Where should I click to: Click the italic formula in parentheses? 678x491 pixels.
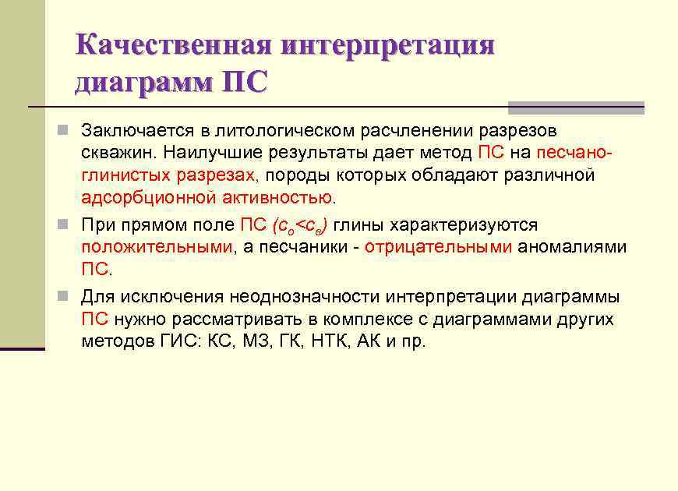click(x=299, y=226)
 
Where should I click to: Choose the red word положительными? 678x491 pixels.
click(x=157, y=248)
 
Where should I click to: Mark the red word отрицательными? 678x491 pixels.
click(x=438, y=248)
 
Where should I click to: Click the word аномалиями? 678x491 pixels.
click(x=573, y=248)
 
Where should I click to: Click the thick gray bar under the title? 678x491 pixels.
click(x=576, y=108)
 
